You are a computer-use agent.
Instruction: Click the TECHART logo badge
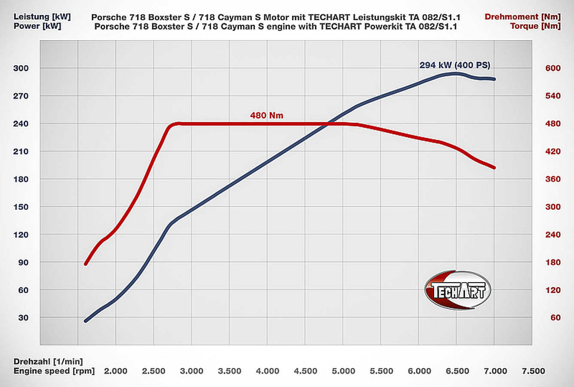point(458,290)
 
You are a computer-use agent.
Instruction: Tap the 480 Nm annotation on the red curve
point(266,115)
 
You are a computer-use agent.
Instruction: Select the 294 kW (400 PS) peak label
point(455,65)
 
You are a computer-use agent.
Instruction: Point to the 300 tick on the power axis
point(21,68)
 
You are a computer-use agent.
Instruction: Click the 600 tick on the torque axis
point(553,68)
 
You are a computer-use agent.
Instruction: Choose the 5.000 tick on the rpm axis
point(344,371)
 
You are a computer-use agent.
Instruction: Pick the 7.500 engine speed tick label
point(533,371)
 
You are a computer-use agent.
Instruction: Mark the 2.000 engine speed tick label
point(116,371)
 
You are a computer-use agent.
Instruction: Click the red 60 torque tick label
point(556,318)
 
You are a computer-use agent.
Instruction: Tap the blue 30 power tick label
point(23,318)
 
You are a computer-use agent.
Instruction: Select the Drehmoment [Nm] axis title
point(522,17)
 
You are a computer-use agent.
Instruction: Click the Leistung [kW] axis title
point(42,17)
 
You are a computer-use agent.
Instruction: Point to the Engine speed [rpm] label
point(54,371)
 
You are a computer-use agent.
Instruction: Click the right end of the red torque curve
point(494,168)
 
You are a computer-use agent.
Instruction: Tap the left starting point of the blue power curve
point(86,321)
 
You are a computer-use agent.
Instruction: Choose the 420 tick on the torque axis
point(553,151)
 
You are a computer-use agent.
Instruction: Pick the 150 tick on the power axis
point(21,207)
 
